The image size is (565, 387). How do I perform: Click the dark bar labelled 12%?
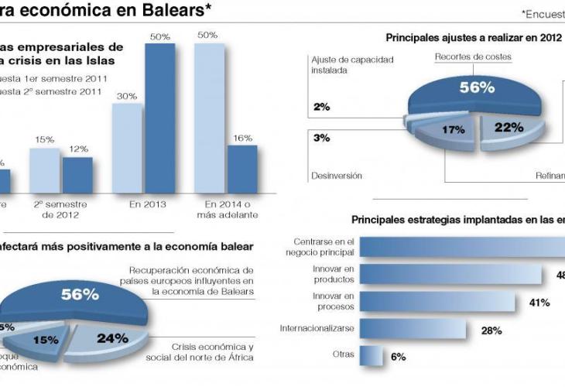77,174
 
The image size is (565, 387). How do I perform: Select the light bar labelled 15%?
44,170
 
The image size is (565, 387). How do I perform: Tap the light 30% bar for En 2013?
127,148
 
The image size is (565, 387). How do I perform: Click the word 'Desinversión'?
337,176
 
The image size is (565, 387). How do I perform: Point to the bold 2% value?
321,107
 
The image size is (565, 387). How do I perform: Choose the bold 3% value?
321,138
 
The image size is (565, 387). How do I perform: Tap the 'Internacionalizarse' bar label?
317,328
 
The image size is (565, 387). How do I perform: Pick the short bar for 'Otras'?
372,356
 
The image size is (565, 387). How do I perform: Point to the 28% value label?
491,330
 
